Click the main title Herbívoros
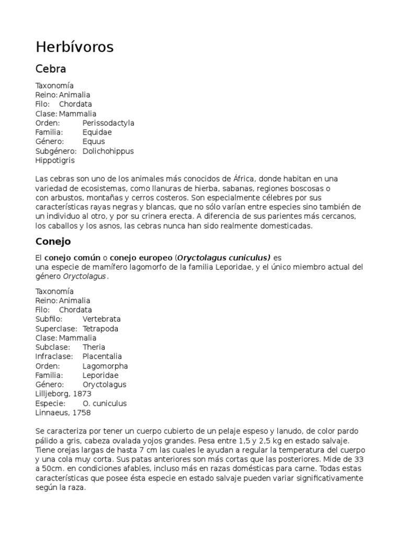click(74, 48)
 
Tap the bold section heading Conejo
click(53, 242)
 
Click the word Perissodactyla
click(108, 123)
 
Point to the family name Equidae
click(97, 132)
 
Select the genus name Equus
click(94, 142)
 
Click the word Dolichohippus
click(108, 151)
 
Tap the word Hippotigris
click(55, 161)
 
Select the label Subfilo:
click(49, 319)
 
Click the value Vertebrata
click(102, 319)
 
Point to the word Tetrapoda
click(100, 329)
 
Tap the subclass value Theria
click(94, 348)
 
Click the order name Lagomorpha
click(105, 366)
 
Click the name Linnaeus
click(52, 413)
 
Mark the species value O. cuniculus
click(105, 404)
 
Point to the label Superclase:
click(57, 329)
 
